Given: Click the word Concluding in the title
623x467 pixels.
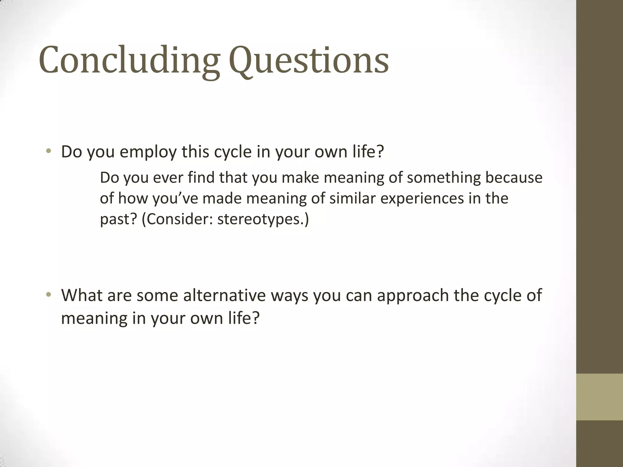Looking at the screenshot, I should pyautogui.click(x=129, y=60).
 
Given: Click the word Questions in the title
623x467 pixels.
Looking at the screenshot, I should pyautogui.click(x=308, y=60).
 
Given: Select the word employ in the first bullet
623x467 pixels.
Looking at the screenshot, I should pyautogui.click(x=148, y=152).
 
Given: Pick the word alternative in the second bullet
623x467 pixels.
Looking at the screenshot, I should pyautogui.click(x=224, y=295).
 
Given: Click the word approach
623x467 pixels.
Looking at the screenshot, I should pyautogui.click(x=413, y=296).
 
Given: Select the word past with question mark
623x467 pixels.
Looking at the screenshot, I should pyautogui.click(x=119, y=219).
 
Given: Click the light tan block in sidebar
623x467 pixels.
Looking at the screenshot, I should pyautogui.click(x=599, y=397).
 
